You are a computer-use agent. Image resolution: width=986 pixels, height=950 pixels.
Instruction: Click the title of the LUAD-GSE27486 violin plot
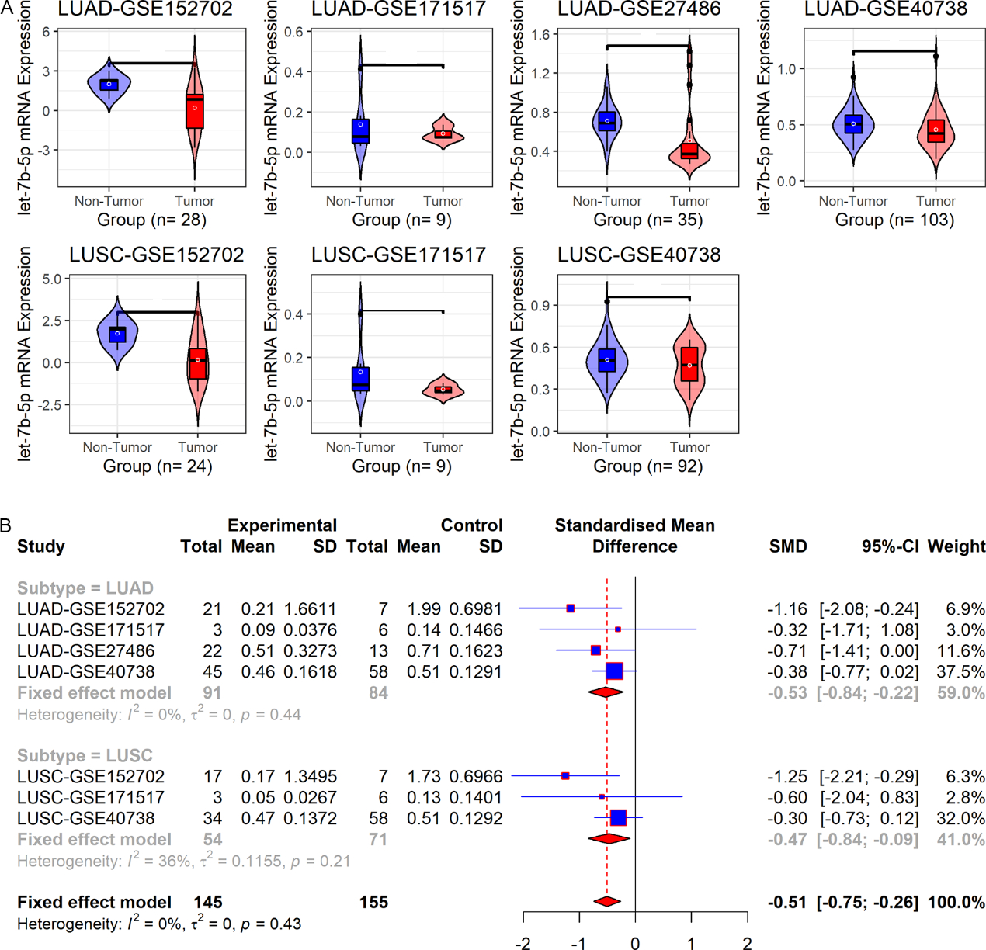639,9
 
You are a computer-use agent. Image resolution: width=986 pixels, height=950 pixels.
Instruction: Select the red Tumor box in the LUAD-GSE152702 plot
194,110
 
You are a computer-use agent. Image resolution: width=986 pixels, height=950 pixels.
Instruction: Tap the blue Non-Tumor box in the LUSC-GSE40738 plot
607,361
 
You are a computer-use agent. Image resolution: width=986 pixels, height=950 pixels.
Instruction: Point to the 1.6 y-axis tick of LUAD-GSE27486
540,35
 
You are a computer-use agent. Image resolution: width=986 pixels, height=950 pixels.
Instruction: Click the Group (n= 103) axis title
894,220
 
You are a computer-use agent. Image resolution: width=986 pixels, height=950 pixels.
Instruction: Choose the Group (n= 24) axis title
158,466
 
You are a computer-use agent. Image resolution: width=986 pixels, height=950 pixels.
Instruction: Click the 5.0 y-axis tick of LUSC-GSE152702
51,279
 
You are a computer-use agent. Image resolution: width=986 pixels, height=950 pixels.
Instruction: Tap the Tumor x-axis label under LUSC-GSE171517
443,447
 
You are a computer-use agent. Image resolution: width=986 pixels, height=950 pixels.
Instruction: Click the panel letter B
6,525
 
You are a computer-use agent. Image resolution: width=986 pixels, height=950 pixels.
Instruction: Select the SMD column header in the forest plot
788,546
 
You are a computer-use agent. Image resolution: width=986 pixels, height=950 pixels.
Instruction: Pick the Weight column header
956,546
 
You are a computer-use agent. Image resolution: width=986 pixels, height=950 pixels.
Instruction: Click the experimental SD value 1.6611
311,609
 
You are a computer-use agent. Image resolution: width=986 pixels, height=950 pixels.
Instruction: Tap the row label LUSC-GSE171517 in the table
91,798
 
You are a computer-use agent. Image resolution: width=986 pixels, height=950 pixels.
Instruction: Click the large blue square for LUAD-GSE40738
614,671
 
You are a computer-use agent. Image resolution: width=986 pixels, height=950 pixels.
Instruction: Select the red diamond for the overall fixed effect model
607,902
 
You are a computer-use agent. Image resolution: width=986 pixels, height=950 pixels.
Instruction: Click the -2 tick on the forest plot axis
523,943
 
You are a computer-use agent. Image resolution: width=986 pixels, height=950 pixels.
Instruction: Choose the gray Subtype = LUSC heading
85,756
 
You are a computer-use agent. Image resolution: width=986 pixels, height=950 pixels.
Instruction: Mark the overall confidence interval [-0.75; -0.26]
867,903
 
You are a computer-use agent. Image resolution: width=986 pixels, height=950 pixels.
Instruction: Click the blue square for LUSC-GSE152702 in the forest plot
565,776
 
